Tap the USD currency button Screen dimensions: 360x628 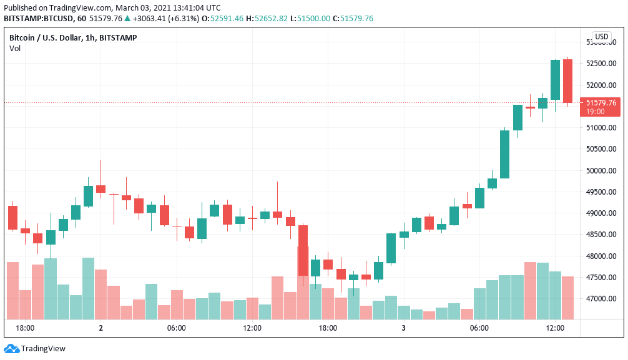click(x=601, y=37)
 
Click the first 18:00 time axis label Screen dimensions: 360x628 click(x=25, y=328)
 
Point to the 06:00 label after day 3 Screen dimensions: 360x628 click(x=479, y=328)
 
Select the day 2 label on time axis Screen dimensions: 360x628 click(x=101, y=328)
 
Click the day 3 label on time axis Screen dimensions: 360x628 click(x=403, y=328)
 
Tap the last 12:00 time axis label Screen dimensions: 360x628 click(x=555, y=328)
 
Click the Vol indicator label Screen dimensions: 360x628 click(x=14, y=49)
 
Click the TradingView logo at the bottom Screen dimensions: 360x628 click(x=35, y=349)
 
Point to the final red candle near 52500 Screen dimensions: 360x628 click(x=567, y=81)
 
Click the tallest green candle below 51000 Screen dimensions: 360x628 click(x=504, y=154)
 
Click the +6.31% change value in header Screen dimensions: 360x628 click(x=184, y=19)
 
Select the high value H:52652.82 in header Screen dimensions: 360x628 click(x=267, y=19)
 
